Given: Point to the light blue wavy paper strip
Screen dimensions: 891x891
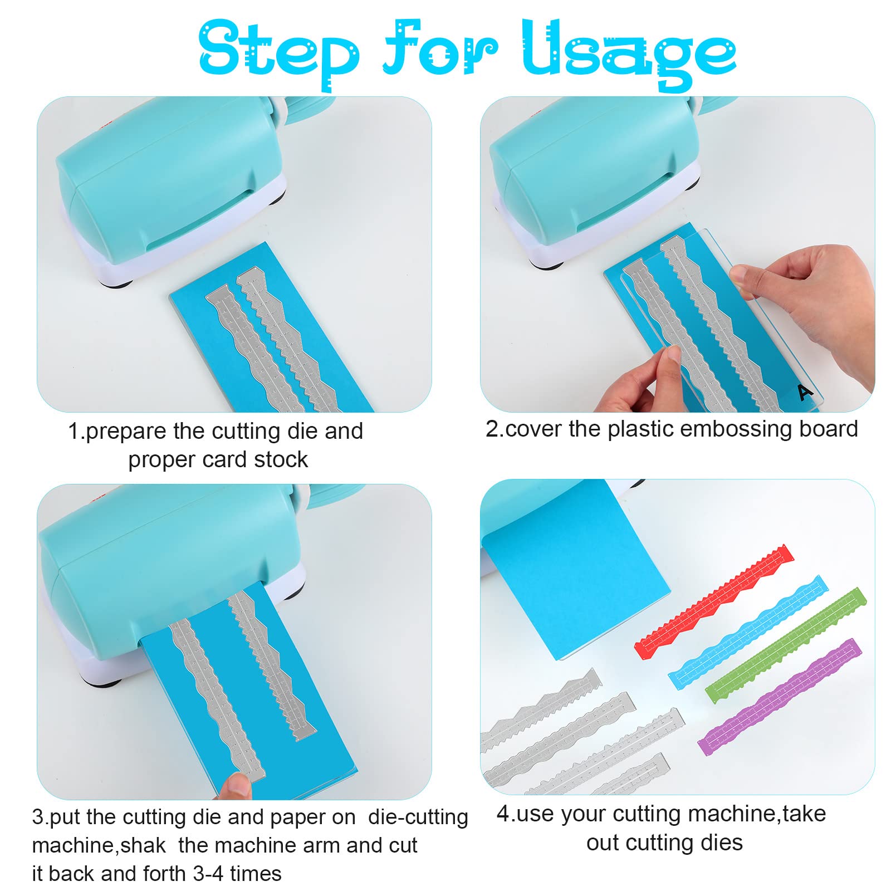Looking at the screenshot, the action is tap(748, 633).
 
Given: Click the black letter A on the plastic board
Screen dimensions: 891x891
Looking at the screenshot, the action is tap(804, 392).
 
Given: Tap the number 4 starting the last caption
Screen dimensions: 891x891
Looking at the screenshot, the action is tap(503, 814).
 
